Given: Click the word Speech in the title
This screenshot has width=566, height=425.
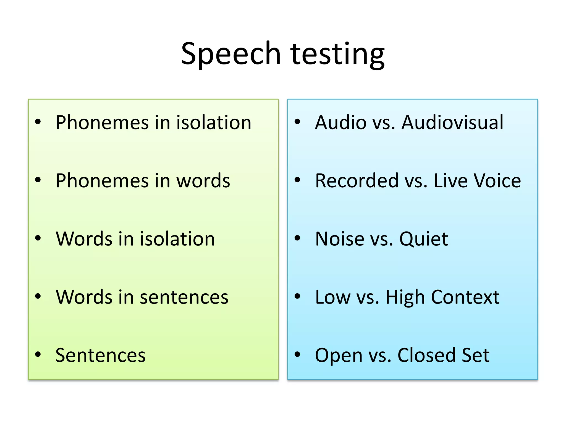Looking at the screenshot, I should click(231, 54).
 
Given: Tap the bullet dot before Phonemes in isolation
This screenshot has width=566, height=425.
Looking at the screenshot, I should click(38, 122).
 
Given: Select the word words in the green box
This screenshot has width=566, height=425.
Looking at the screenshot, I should click(203, 181).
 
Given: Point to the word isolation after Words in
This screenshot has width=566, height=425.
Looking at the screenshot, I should click(177, 239).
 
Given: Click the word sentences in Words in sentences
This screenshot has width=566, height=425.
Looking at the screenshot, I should click(184, 297).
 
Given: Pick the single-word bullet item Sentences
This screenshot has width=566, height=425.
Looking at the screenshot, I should click(100, 355).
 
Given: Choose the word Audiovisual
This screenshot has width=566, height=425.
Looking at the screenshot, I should click(452, 122).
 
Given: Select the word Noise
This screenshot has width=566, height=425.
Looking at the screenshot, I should click(340, 239).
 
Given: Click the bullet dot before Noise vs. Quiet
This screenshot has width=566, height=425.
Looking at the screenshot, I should click(297, 238).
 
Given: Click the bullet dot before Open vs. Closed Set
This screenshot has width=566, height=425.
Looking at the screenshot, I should click(297, 355).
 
